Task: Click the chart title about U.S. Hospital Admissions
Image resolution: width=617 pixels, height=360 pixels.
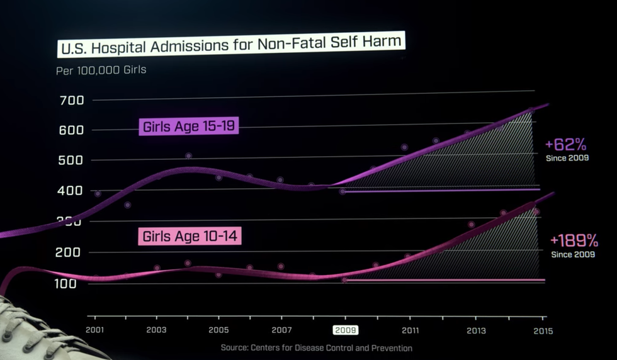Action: pos(230,45)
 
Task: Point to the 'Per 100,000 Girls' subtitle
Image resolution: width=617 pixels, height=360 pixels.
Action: pos(101,69)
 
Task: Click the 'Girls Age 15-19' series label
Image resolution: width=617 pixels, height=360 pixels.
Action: pos(189,127)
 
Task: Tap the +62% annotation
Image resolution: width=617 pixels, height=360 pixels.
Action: pos(567,145)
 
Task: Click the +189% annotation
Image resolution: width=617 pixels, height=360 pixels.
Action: pos(574,241)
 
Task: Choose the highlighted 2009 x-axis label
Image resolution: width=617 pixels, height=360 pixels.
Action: pos(345,330)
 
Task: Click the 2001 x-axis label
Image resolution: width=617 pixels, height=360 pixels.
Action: pos(94,330)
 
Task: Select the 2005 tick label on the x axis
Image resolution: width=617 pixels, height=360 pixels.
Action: pos(218,330)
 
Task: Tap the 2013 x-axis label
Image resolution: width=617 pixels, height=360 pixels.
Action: pos(476,330)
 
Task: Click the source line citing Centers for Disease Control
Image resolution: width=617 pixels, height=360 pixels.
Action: pos(316,348)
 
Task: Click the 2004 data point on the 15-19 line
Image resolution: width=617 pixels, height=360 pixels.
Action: pos(188,155)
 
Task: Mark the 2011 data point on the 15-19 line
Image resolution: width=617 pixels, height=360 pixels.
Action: pos(404,147)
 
